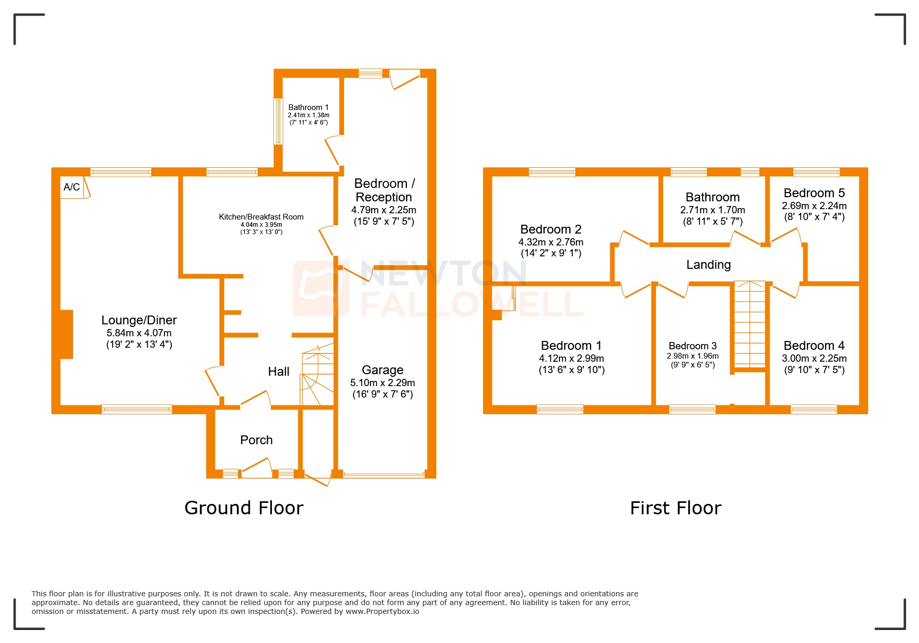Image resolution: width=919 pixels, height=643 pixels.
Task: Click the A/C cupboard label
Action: [x=72, y=187]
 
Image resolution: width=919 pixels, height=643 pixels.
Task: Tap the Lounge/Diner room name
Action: [x=139, y=320]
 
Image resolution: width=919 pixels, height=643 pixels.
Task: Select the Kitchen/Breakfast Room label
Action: [x=261, y=217]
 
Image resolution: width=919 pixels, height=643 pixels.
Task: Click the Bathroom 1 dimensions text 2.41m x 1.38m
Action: [x=309, y=115]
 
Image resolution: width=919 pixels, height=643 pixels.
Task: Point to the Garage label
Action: [x=382, y=370]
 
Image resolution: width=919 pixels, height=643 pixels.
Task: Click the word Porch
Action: [x=256, y=440]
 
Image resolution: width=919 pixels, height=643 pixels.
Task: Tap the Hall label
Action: [x=279, y=372]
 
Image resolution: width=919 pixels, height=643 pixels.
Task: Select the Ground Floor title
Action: [x=244, y=508]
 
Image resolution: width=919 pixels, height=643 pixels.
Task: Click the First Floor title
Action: [x=675, y=508]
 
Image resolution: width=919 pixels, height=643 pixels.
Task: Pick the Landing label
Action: [x=708, y=265]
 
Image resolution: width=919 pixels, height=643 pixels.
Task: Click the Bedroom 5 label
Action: [x=814, y=193]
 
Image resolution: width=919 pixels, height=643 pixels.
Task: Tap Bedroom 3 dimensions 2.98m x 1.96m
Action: [x=693, y=356]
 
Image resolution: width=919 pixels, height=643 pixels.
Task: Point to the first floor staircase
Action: [x=750, y=324]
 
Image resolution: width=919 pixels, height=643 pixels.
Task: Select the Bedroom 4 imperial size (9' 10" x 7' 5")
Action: [x=814, y=370]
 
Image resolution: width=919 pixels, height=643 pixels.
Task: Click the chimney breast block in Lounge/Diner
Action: [x=66, y=334]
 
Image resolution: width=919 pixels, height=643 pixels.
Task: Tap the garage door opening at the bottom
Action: [x=384, y=474]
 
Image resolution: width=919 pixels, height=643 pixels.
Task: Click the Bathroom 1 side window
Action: [x=278, y=121]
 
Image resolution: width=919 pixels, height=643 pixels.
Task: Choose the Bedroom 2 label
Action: [x=551, y=229]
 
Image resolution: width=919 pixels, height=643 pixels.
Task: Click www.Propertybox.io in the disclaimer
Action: [x=382, y=611]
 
